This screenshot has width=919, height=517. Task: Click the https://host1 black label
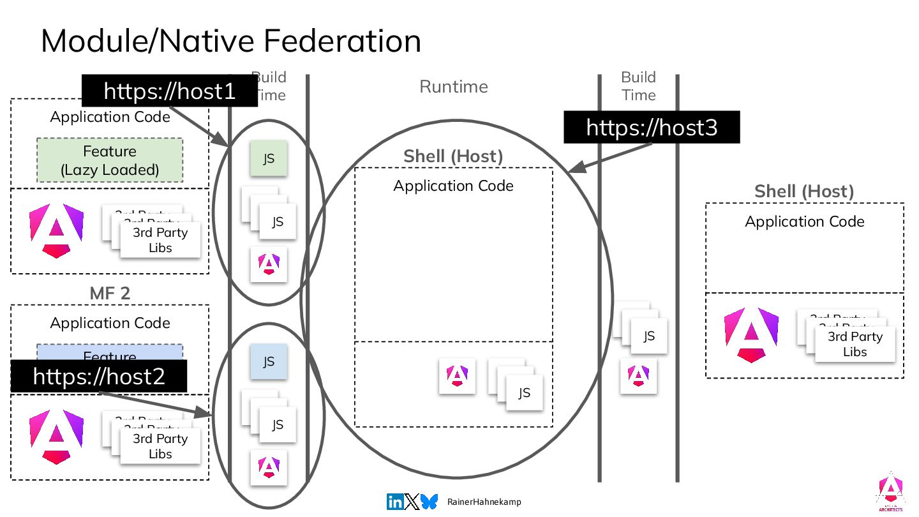(169, 91)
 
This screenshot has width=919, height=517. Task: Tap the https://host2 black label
(99, 376)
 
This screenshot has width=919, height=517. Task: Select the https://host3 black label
(652, 127)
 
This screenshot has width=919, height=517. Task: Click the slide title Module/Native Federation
(231, 41)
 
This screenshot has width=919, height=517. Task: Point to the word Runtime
(453, 87)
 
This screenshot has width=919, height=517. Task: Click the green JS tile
(269, 158)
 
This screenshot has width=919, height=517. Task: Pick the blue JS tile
(269, 362)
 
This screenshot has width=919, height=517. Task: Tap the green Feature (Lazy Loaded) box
(110, 160)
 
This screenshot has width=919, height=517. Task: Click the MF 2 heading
(109, 294)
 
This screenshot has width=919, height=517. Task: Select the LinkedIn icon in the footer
(395, 502)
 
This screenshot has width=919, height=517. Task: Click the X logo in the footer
(412, 502)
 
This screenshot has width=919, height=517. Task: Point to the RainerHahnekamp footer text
(484, 502)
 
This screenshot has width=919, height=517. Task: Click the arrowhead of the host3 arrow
(572, 170)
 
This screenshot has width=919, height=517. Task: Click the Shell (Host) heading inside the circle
(453, 156)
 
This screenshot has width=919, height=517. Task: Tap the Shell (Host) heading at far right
(804, 191)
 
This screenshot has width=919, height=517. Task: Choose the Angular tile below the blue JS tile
(269, 468)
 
